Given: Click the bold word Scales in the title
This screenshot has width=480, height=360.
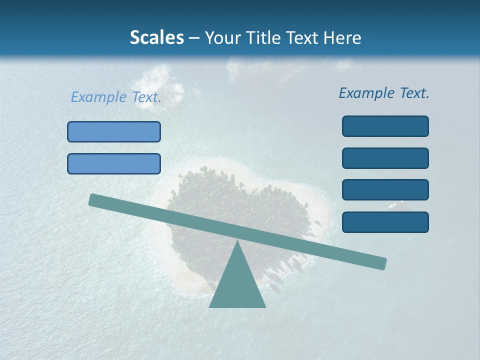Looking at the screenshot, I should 156,37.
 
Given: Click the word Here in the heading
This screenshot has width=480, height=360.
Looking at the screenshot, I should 341,37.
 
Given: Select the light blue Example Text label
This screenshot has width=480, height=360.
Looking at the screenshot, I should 116,97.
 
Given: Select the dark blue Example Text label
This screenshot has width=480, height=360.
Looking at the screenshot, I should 384,93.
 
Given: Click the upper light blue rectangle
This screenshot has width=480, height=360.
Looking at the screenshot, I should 114,131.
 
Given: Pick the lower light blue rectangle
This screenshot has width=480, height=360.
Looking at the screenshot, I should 114,163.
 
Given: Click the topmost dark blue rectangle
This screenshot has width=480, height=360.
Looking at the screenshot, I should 385,126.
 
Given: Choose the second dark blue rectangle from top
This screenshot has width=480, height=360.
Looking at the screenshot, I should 385,158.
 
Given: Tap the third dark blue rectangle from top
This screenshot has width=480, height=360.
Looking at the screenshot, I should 385,189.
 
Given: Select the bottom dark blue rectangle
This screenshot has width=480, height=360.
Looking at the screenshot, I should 385,222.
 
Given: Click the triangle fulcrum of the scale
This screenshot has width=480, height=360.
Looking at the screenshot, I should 237,285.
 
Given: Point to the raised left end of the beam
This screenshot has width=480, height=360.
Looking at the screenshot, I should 93,199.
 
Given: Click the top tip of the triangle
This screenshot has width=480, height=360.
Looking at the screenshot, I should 237,242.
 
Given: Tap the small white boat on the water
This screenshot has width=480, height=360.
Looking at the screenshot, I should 396,204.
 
